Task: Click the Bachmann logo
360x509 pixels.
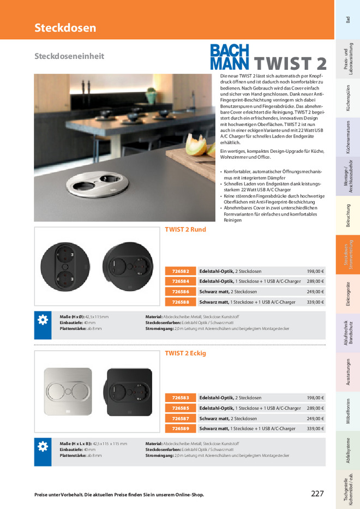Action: (230, 57)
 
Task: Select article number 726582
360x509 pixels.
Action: (181, 271)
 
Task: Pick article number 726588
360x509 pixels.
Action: (181, 302)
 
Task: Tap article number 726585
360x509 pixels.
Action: (181, 408)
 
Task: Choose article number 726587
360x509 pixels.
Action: (181, 418)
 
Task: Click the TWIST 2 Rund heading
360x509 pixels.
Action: (185, 230)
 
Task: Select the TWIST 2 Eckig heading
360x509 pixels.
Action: (185, 354)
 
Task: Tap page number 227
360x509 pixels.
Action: (317, 494)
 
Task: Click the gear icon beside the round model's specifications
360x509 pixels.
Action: (42, 320)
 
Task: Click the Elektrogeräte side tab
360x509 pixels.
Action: (348, 295)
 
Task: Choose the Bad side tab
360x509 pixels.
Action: (348, 20)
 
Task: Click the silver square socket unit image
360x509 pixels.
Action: (68, 391)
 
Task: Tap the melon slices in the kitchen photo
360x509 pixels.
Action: (196, 146)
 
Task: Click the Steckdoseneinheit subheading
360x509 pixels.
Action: (69, 56)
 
